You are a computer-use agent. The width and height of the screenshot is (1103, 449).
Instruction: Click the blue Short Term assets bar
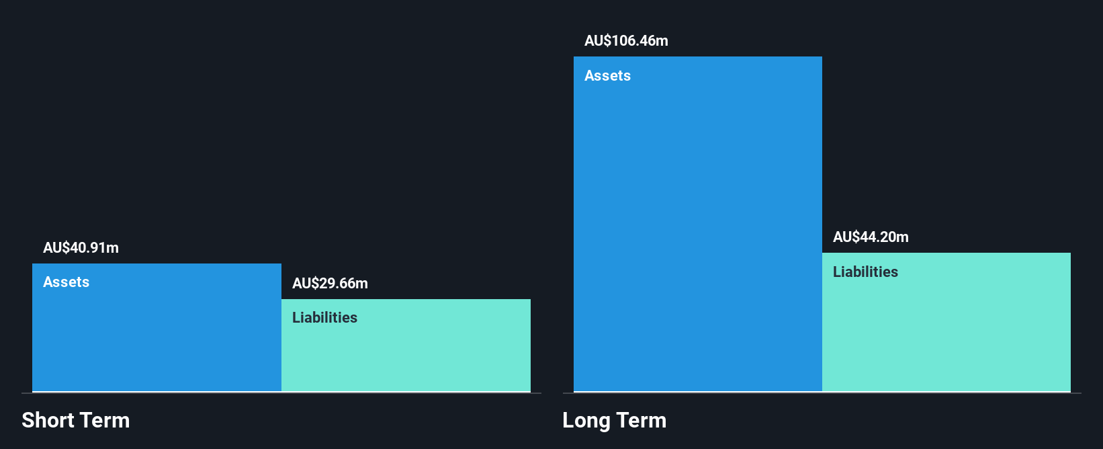pyautogui.click(x=157, y=336)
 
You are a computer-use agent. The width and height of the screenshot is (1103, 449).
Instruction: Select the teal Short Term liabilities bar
pyautogui.click(x=406, y=353)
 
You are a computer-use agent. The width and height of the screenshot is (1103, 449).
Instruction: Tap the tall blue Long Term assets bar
pyautogui.click(x=697, y=229)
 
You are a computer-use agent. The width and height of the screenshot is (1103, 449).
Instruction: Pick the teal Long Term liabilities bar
pyautogui.click(x=946, y=329)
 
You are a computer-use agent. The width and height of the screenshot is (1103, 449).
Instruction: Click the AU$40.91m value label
pyautogui.click(x=81, y=247)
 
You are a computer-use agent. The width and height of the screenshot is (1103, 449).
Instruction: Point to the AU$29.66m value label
pyautogui.click(x=330, y=283)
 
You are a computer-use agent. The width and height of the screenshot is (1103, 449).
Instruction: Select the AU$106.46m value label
pyautogui.click(x=626, y=40)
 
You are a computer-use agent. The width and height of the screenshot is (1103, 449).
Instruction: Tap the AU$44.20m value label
pyautogui.click(x=871, y=237)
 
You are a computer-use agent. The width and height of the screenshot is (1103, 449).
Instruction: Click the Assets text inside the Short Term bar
pyautogui.click(x=66, y=282)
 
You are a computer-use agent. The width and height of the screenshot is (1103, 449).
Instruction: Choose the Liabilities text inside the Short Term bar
pyautogui.click(x=324, y=317)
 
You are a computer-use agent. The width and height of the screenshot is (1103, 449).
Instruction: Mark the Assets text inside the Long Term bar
pyautogui.click(x=607, y=75)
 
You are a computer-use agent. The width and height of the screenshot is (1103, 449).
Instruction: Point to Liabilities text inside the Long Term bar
pyautogui.click(x=865, y=272)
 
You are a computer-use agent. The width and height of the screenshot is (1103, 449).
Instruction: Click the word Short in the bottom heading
pyautogui.click(x=48, y=420)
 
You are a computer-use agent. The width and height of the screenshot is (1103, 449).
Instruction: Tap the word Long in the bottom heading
pyautogui.click(x=586, y=420)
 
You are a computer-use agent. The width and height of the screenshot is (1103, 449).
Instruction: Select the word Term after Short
pyautogui.click(x=105, y=420)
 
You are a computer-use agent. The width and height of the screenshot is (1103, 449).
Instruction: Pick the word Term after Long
pyautogui.click(x=642, y=420)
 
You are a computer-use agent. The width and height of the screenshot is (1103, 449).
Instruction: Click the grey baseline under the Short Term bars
pyautogui.click(x=281, y=393)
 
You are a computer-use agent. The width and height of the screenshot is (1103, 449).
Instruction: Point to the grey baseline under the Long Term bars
pyautogui.click(x=822, y=393)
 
